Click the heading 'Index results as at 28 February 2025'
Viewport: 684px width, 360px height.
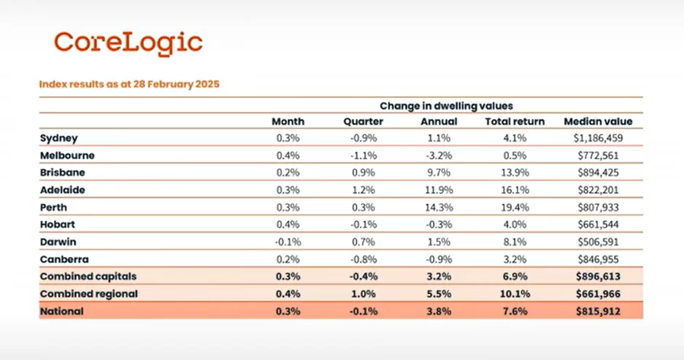[x=129, y=84]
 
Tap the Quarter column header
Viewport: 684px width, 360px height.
[x=363, y=121]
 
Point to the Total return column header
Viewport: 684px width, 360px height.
[x=514, y=121]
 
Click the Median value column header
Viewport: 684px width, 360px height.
[x=598, y=121]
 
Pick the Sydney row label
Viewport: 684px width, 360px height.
[x=59, y=137]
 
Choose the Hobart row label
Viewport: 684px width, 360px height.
[x=58, y=225]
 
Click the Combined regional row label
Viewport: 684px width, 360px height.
[x=89, y=294]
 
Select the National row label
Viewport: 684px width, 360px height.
[x=62, y=311]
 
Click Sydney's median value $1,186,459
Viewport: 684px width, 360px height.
[x=598, y=137]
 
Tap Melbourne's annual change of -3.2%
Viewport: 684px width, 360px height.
[x=439, y=155]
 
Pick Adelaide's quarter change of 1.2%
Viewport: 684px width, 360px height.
[x=363, y=190]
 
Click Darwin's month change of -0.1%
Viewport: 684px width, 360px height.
[x=288, y=242]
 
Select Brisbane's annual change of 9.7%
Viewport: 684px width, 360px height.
[x=439, y=172]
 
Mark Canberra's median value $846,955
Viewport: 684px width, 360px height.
[x=598, y=260]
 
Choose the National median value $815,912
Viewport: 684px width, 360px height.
[x=598, y=311]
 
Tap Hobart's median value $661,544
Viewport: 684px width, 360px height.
[x=598, y=225]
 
